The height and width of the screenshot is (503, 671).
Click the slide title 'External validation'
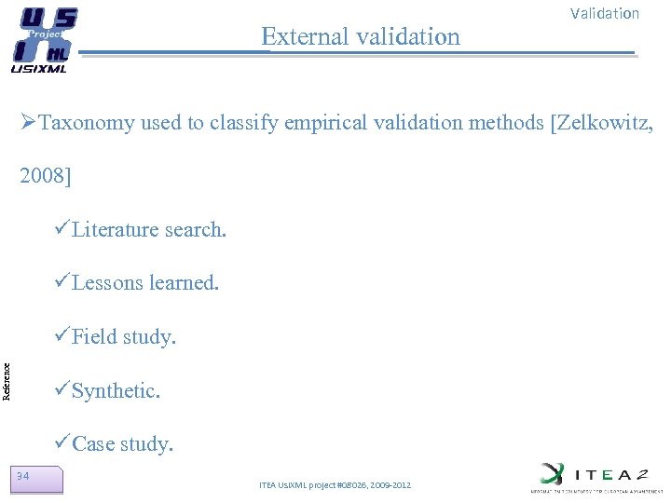(361, 36)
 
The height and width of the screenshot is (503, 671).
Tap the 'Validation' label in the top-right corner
(604, 14)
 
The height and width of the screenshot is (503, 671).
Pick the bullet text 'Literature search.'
(149, 229)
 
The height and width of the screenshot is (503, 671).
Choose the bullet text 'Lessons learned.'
(145, 283)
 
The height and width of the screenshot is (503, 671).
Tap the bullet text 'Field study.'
(124, 337)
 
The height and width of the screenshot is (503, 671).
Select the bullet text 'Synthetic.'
(116, 391)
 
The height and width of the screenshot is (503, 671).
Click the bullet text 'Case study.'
(123, 444)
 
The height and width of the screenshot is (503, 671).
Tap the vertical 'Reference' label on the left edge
(7, 381)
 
